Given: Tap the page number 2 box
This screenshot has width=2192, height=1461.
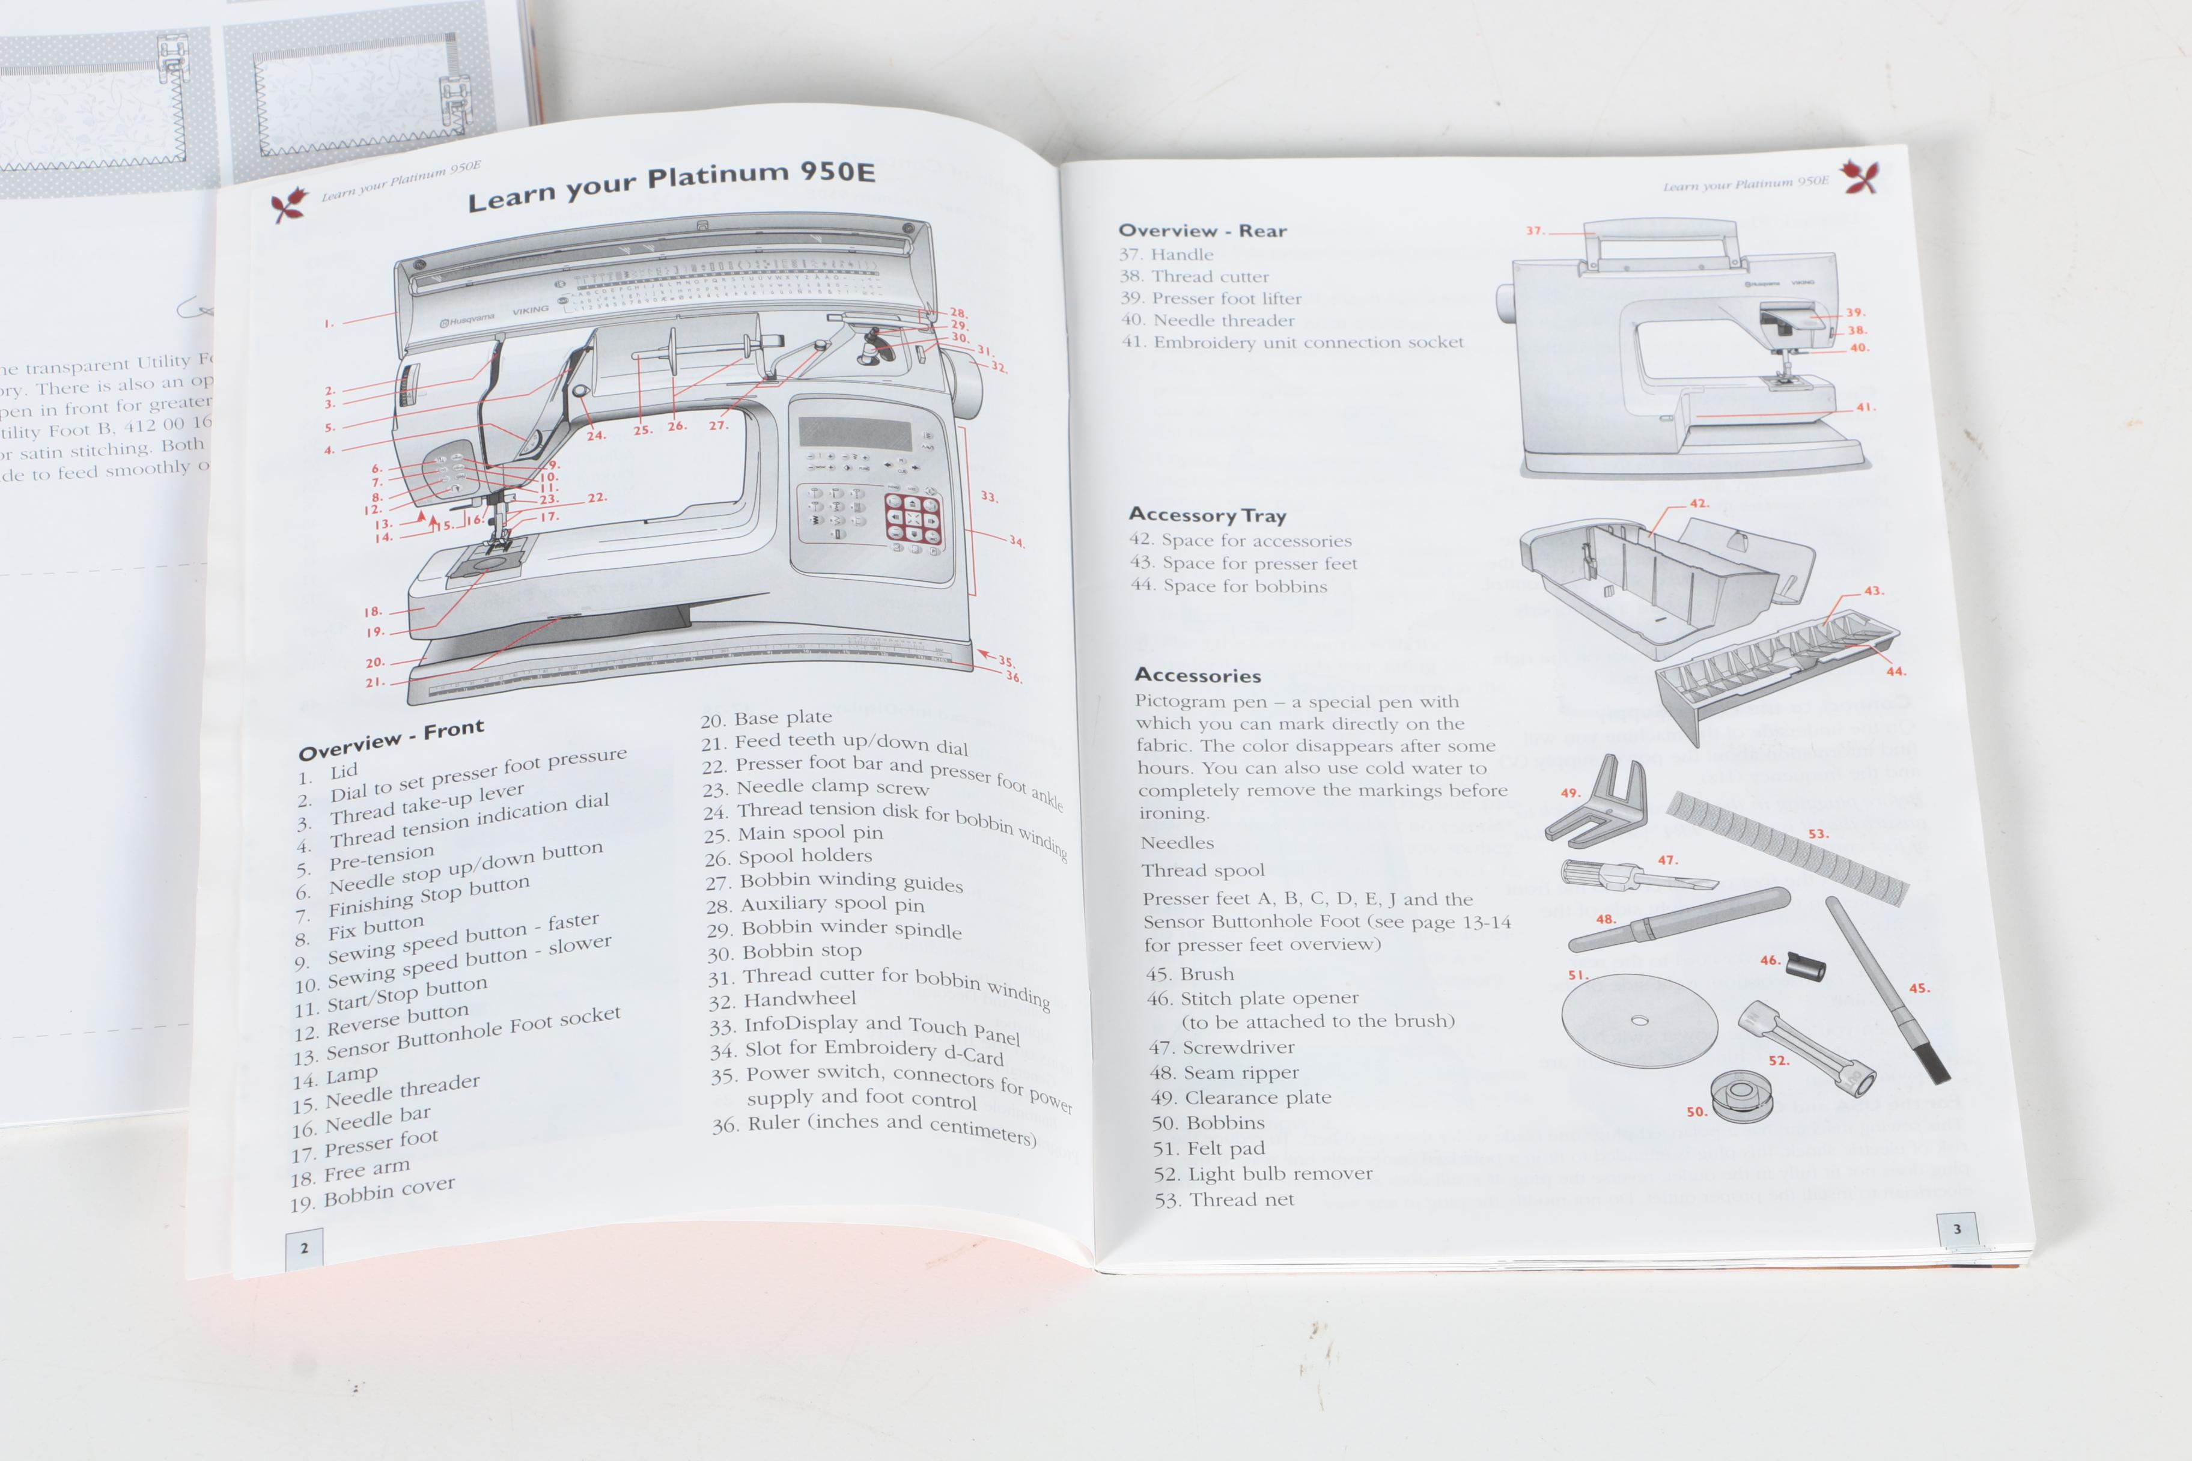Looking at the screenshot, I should click(x=304, y=1248).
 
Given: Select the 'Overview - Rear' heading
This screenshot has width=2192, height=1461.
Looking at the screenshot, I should click(x=1202, y=230).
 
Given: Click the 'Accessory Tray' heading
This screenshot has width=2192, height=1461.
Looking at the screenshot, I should click(x=1207, y=514).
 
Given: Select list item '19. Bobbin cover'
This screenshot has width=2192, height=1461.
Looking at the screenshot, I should click(x=372, y=1194).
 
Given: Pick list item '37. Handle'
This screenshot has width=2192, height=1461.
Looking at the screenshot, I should click(x=1167, y=254).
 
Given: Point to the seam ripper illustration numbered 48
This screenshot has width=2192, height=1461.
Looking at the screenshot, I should click(x=1678, y=920).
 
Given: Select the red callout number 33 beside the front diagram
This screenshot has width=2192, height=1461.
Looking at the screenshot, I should click(x=989, y=497).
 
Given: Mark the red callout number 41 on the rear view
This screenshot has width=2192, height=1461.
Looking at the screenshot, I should click(x=1865, y=407).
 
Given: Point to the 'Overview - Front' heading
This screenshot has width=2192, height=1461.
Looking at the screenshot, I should click(x=391, y=739).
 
